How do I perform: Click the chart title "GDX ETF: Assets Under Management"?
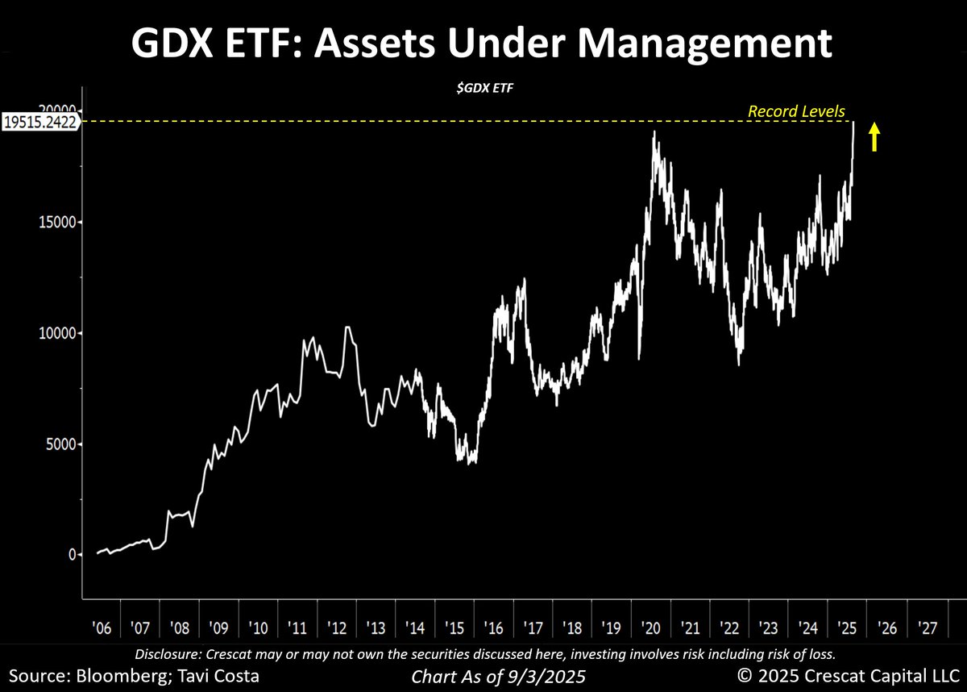point(483,44)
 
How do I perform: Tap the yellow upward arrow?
point(874,136)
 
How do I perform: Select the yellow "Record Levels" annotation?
point(796,111)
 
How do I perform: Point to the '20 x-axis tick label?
point(650,627)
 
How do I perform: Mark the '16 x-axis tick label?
point(493,627)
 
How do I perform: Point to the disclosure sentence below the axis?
point(483,652)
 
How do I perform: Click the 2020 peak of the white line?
point(654,131)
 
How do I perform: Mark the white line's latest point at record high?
point(853,123)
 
